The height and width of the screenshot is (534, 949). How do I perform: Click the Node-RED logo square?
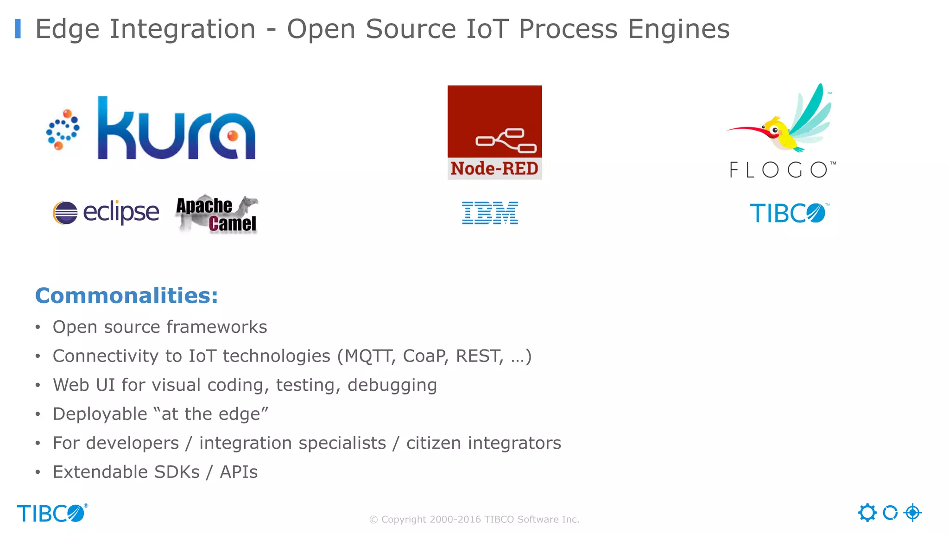coord(494,132)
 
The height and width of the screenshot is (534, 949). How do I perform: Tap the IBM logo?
coord(490,213)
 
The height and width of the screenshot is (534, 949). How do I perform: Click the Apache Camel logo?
coord(216,215)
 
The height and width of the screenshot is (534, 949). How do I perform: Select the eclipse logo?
coord(106,213)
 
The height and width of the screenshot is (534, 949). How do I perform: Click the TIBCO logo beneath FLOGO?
coord(788,213)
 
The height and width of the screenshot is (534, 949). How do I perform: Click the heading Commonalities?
coord(127,296)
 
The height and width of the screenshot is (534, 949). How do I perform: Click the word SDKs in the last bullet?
coord(177,472)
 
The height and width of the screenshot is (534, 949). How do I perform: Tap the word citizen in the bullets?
coord(433,443)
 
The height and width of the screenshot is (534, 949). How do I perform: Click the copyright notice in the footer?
coord(474,520)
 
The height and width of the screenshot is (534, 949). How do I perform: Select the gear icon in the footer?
coord(867,513)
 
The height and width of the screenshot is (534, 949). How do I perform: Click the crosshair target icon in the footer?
coord(912,513)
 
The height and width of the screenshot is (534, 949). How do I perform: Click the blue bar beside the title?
coord(18,29)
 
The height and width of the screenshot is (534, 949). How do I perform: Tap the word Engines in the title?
coord(678,29)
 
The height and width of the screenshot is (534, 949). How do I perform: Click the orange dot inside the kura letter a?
coord(233,135)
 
